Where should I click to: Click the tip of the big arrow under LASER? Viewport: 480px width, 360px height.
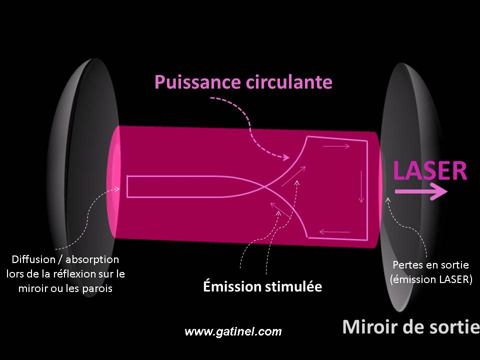[447, 191]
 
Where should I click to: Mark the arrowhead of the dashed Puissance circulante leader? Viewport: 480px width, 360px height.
[289, 157]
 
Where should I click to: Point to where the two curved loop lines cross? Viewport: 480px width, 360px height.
[266, 186]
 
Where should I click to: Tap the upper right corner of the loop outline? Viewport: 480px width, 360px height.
[367, 141]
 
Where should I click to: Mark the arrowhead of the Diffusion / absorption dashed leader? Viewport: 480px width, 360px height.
[119, 189]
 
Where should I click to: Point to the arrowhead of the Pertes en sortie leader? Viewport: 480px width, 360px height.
[388, 198]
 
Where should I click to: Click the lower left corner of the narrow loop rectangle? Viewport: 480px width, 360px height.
[127, 197]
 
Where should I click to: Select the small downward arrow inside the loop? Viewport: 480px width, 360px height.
[361, 186]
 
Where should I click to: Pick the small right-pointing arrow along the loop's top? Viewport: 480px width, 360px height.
[336, 146]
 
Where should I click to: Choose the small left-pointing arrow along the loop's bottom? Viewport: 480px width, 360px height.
[334, 232]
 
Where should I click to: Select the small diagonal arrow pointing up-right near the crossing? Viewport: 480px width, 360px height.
[293, 176]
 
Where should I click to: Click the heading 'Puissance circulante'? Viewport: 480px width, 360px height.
[243, 82]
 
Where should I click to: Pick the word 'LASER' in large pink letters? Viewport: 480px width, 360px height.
[430, 170]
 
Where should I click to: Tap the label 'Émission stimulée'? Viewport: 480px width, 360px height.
[262, 286]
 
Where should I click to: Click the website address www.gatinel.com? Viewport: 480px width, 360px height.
[233, 331]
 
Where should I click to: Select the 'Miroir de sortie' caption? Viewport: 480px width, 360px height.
[411, 326]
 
